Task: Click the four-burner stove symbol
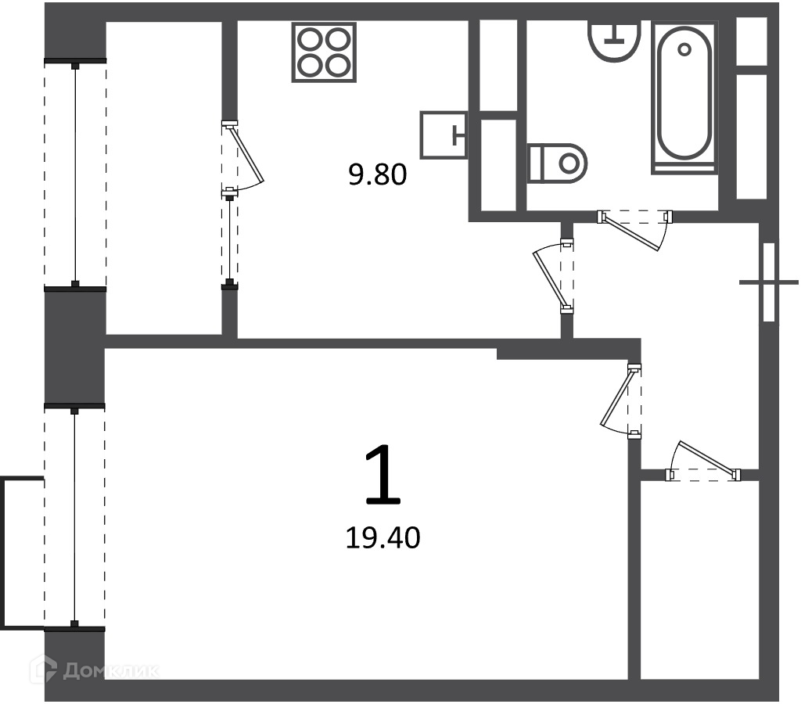(x=324, y=52)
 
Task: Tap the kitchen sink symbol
(x=444, y=135)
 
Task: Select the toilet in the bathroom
(x=557, y=163)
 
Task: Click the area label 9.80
(x=378, y=174)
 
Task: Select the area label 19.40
(x=383, y=538)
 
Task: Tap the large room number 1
(x=383, y=474)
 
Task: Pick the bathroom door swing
(x=635, y=230)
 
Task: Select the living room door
(x=621, y=401)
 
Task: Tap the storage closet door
(x=703, y=462)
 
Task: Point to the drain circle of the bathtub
(x=684, y=49)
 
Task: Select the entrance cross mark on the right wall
(x=769, y=282)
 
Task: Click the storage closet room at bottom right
(x=700, y=580)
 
